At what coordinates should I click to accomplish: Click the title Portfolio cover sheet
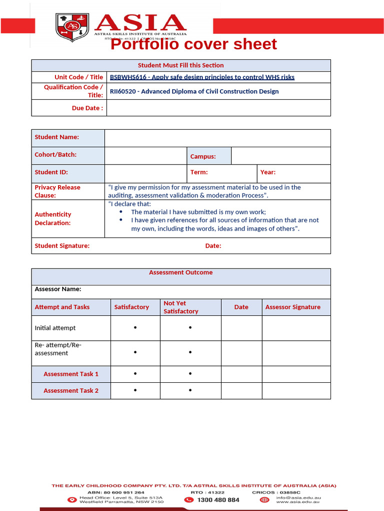pos(193,44)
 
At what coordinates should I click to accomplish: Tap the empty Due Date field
pos(218,108)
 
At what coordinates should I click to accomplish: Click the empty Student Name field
pos(217,138)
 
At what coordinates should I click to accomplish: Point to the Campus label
pos(203,156)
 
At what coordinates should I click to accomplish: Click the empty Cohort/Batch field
pos(145,155)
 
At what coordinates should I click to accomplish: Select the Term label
pos(199,172)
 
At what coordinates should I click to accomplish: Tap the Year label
pos(267,172)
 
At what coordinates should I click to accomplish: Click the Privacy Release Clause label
pos(57,191)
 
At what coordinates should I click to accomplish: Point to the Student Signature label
pos(62,246)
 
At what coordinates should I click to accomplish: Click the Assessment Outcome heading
pos(180,272)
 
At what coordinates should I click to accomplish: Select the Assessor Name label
pos(57,289)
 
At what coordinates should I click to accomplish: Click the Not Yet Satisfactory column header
pos(181,307)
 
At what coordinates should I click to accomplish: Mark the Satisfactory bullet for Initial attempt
pos(135,328)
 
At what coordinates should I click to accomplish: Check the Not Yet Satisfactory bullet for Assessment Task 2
pos(190,390)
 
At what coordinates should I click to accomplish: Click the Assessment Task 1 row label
pos(71,374)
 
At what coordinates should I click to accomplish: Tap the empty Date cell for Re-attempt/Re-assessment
pos(241,353)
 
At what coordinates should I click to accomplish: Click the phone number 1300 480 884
pos(218,500)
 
